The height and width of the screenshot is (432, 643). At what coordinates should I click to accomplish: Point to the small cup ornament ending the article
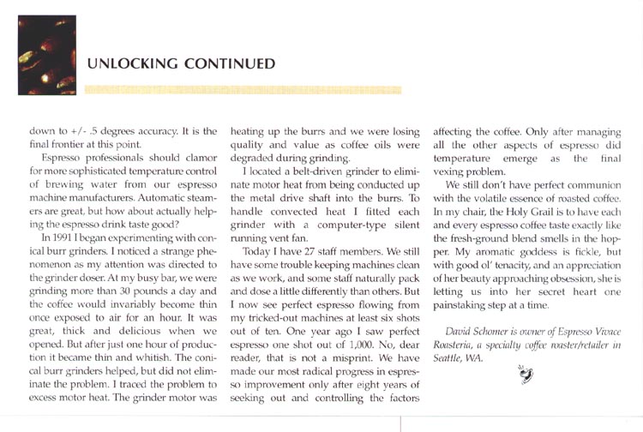point(523,374)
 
